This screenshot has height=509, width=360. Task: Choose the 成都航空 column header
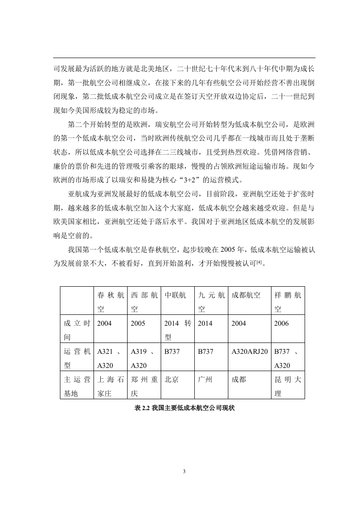(246, 295)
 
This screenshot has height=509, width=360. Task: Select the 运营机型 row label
(77, 358)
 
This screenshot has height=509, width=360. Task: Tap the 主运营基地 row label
(77, 387)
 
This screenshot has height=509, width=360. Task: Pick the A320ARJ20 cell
(249, 351)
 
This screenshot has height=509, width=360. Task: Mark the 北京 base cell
(171, 380)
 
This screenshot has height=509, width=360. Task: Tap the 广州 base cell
(205, 380)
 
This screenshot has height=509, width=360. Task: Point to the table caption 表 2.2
(184, 408)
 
